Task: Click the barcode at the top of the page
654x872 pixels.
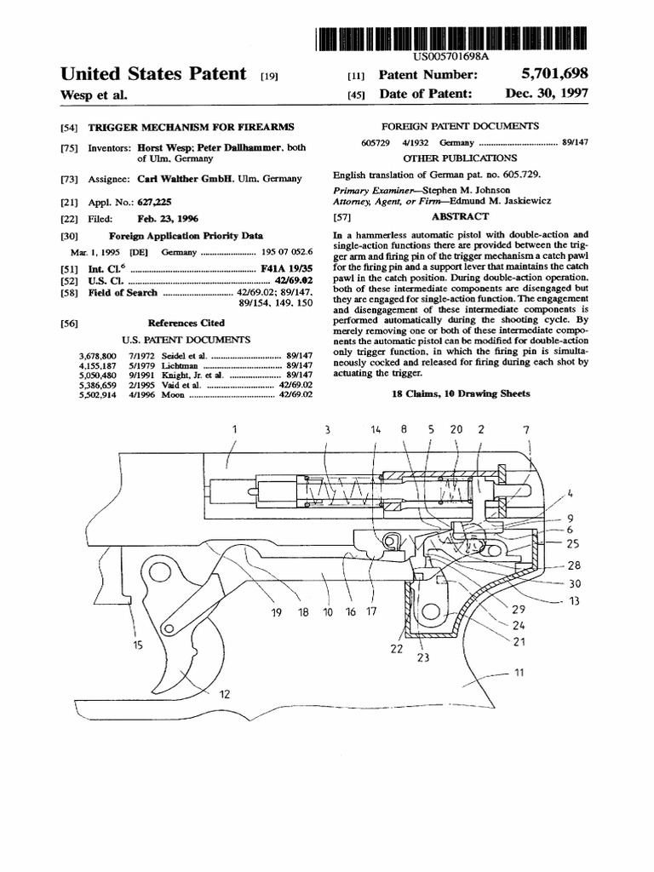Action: pyautogui.click(x=451, y=36)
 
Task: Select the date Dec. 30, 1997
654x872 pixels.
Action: pyautogui.click(x=546, y=94)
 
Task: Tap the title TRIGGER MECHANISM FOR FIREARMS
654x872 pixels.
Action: pyautogui.click(x=191, y=127)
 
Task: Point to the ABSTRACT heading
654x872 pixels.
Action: pyautogui.click(x=461, y=217)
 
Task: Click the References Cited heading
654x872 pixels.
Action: pyautogui.click(x=186, y=323)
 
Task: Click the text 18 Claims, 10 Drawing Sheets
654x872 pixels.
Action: pyautogui.click(x=461, y=393)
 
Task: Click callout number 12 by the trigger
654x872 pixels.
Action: pyautogui.click(x=225, y=695)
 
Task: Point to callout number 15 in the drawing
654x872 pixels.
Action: pyautogui.click(x=138, y=645)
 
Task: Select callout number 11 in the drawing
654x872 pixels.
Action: pyautogui.click(x=519, y=673)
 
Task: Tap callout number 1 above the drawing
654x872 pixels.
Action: pyautogui.click(x=233, y=431)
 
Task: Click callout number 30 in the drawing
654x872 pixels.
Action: pyautogui.click(x=575, y=583)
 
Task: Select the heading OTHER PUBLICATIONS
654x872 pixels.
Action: pyautogui.click(x=461, y=158)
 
